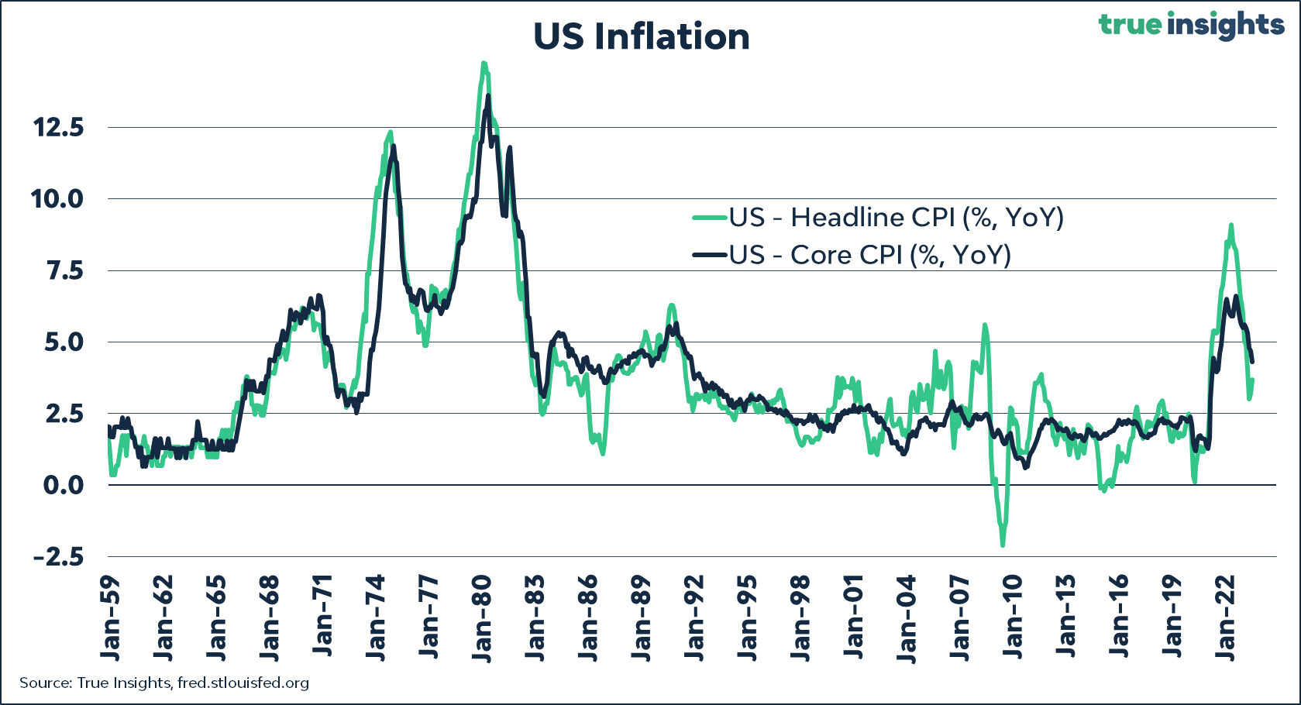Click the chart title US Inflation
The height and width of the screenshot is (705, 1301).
[642, 37]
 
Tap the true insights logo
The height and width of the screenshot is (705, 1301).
[1191, 25]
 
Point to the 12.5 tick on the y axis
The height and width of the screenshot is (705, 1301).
[58, 128]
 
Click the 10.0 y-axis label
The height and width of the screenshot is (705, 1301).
[57, 199]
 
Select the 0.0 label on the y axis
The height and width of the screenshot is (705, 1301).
[64, 485]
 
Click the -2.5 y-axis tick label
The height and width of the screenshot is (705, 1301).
[58, 557]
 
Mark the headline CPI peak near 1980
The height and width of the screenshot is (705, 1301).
[484, 64]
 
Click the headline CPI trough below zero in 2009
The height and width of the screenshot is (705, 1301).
[1003, 545]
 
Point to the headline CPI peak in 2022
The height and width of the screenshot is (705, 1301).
[1230, 225]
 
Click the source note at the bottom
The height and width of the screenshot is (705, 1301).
[164, 683]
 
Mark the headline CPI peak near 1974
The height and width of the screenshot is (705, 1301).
[390, 132]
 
